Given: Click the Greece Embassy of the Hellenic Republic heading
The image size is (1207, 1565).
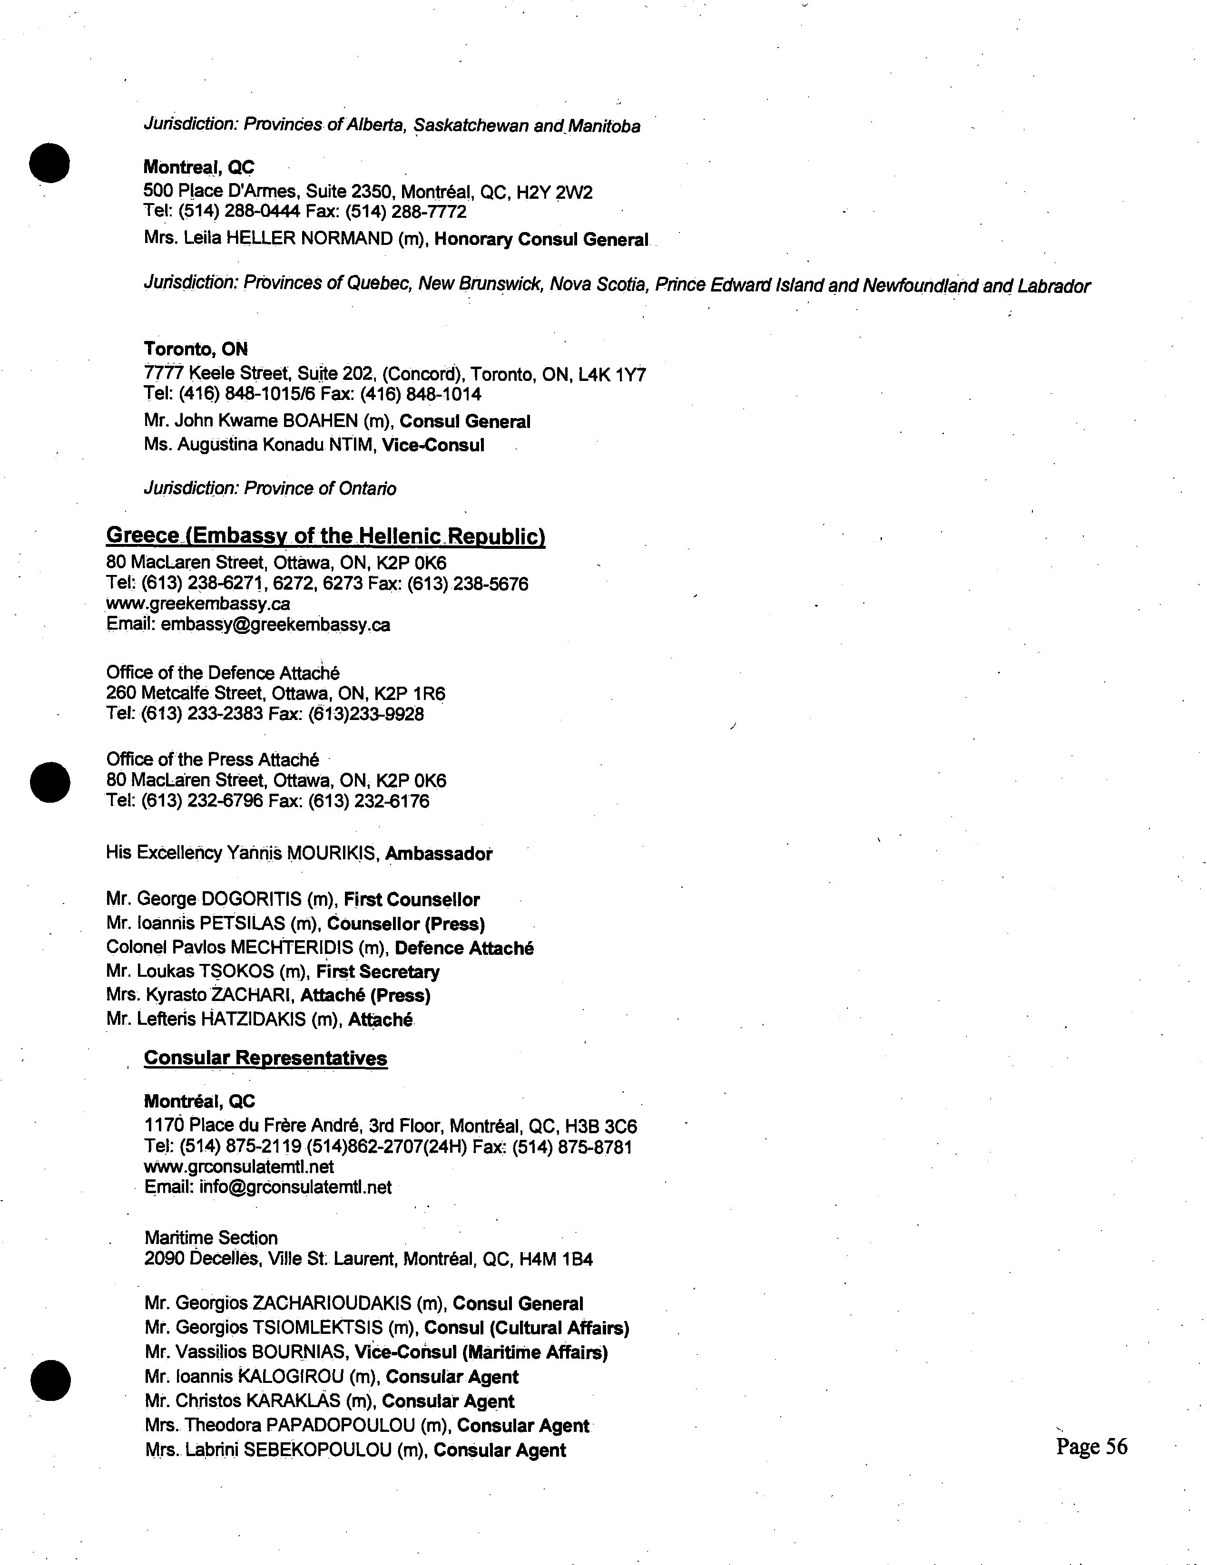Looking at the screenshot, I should click(325, 536).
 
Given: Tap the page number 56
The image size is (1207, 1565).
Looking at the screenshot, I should click(1091, 1446).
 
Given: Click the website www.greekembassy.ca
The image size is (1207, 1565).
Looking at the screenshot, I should click(198, 604).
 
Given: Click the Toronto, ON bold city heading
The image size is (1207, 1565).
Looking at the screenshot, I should click(196, 349).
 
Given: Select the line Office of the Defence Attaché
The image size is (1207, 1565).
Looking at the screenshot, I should click(223, 673).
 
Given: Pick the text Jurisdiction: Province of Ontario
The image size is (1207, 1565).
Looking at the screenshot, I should click(270, 489).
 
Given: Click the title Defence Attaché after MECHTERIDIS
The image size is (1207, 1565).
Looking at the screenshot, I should click(464, 948).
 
